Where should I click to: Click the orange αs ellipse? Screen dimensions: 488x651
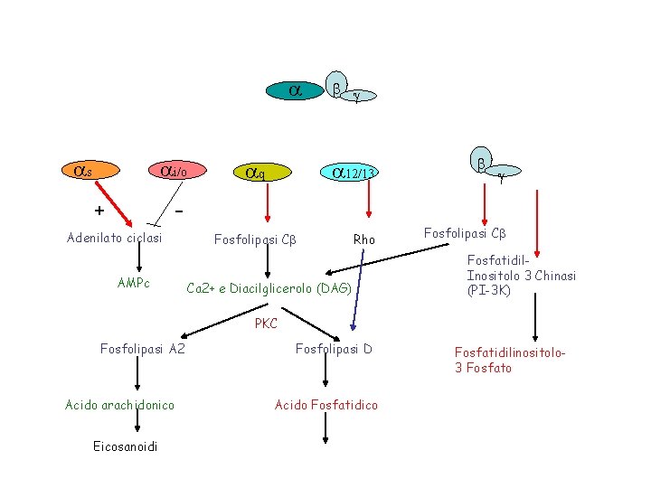coord(82,169)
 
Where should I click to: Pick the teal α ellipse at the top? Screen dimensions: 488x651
coord(295,90)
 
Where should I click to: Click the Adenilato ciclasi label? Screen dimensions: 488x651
coord(115,238)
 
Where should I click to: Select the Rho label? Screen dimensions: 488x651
coord(364,239)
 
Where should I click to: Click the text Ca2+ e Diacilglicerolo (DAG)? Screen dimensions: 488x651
coord(268,289)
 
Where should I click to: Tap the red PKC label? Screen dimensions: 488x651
coord(266,324)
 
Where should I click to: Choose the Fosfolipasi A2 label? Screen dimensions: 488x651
coord(143,349)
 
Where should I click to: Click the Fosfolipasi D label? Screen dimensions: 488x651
coord(334,349)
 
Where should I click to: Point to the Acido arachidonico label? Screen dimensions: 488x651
coord(120,404)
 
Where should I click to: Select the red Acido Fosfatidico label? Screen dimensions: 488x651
coord(326,404)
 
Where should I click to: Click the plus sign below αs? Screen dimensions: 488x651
coord(99,211)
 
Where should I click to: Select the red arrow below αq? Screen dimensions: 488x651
coord(268,205)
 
